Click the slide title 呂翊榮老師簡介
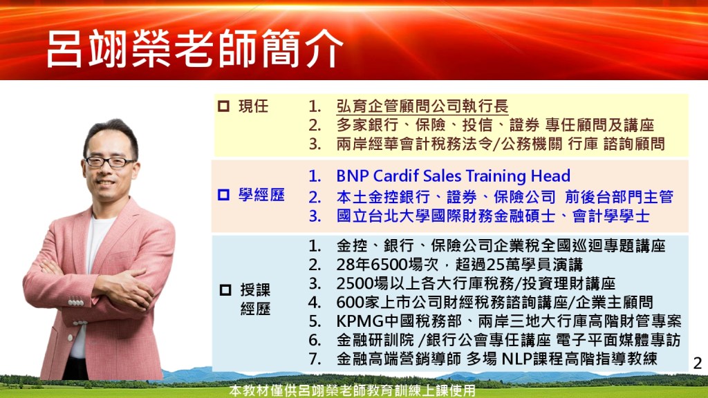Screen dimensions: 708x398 (194, 49)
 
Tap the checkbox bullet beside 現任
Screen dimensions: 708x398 (223, 106)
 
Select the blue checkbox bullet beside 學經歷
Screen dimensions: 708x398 (223, 194)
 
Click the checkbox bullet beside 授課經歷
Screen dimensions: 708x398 (225, 290)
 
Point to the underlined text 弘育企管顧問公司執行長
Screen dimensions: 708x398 (422, 106)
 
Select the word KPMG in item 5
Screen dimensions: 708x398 (360, 321)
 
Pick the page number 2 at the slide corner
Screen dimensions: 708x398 (698, 363)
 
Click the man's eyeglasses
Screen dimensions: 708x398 (109, 162)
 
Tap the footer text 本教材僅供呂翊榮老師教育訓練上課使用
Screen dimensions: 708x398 (352, 390)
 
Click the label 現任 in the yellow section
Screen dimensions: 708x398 (253, 106)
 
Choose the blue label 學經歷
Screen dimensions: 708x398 (261, 194)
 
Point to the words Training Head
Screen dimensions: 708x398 (518, 176)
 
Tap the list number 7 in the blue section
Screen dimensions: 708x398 (315, 359)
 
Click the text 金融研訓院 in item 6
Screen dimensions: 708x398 (375, 340)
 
